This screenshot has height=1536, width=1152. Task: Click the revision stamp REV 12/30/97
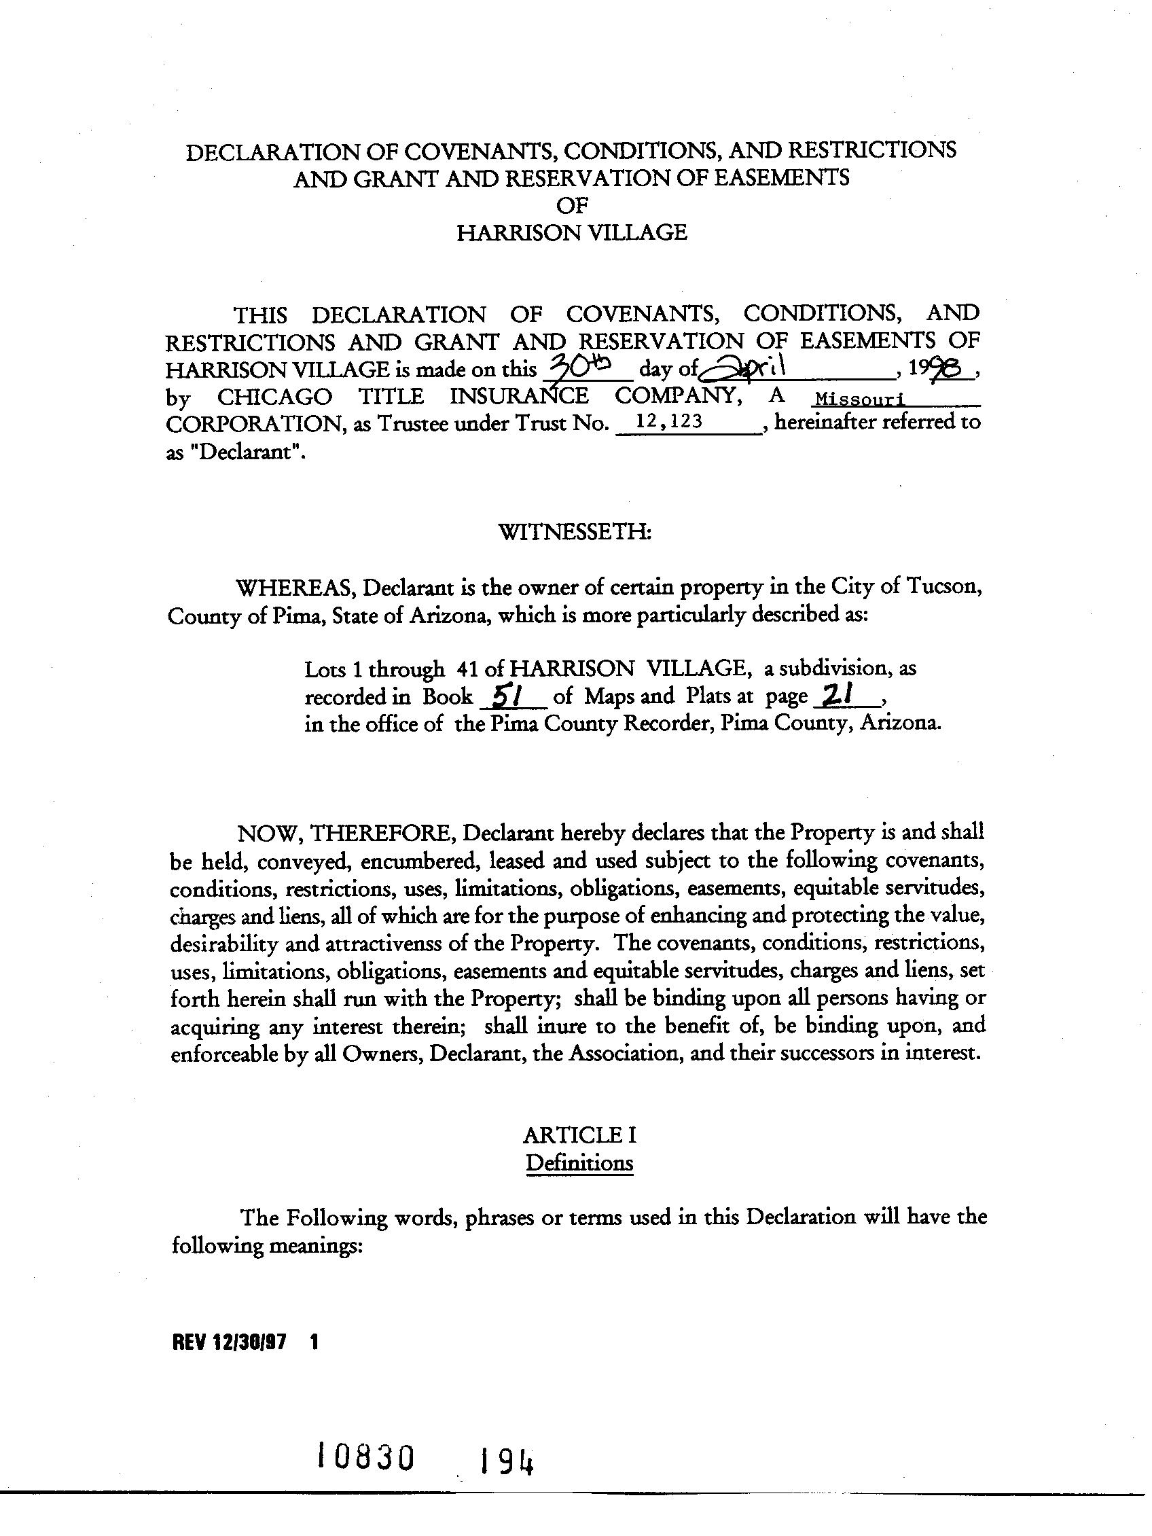pos(228,1342)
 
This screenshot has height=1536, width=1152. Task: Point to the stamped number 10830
pos(365,1456)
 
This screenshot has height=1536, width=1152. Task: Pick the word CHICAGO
pos(274,397)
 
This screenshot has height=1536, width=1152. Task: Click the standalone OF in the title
pos(572,205)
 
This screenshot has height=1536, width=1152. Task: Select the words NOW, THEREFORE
pos(346,833)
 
